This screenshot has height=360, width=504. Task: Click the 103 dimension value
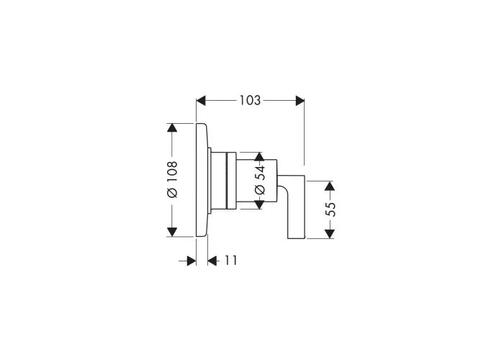[x=250, y=101]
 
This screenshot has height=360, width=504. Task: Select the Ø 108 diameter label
[x=172, y=179]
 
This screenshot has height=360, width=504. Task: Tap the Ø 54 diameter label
[x=260, y=180]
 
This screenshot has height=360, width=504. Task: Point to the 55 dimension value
[x=330, y=210]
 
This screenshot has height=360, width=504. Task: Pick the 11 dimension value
[x=230, y=261]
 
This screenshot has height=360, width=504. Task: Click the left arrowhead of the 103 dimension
[x=201, y=101]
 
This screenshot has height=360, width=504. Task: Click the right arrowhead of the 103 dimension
[x=300, y=101]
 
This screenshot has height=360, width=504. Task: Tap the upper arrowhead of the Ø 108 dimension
[x=172, y=127]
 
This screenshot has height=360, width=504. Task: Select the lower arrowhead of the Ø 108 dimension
[x=172, y=232]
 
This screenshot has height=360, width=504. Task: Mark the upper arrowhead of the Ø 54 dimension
[x=259, y=156]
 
